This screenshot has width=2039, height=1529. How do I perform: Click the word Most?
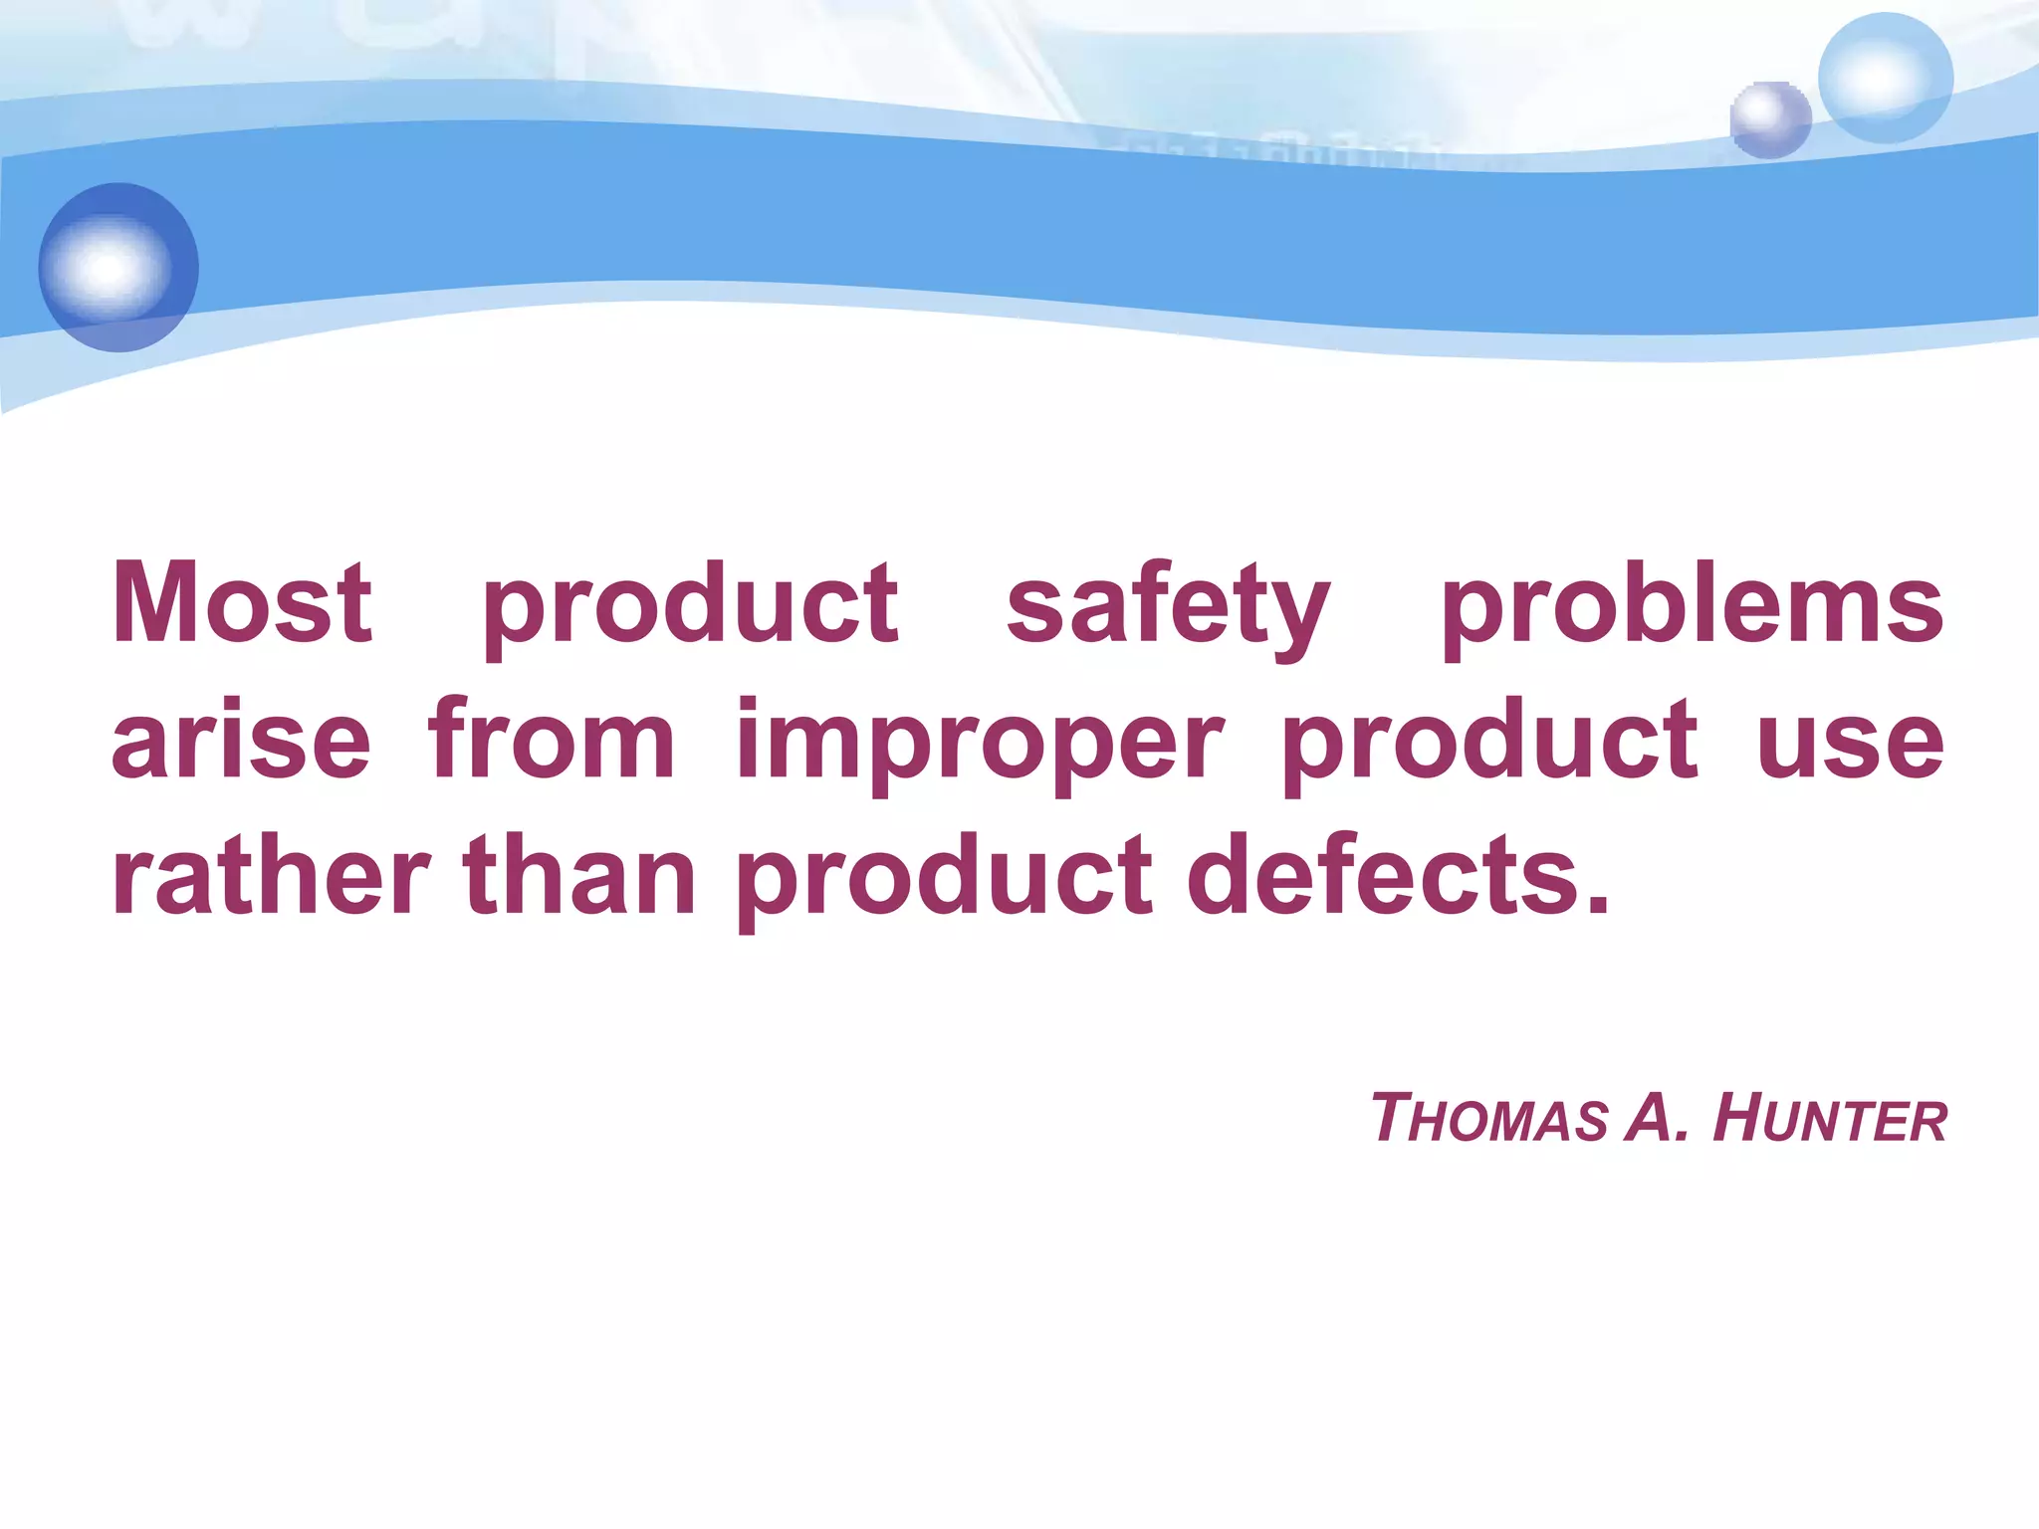[242, 602]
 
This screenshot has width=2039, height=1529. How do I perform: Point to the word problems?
[1692, 602]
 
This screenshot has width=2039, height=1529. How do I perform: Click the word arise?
[242, 740]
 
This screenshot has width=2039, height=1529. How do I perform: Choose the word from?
[552, 740]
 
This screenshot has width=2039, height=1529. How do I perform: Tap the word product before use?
[1489, 740]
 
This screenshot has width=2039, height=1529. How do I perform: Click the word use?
[1850, 740]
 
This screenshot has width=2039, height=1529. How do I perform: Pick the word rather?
[271, 876]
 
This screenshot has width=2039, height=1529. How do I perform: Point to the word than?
[579, 876]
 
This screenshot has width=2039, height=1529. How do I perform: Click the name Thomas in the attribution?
[1488, 1119]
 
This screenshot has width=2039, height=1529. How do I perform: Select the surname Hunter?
[1829, 1119]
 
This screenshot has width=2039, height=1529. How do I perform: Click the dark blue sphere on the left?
[118, 267]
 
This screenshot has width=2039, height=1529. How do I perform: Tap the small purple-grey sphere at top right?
[1770, 119]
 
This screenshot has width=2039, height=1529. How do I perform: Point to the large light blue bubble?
[1885, 79]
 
